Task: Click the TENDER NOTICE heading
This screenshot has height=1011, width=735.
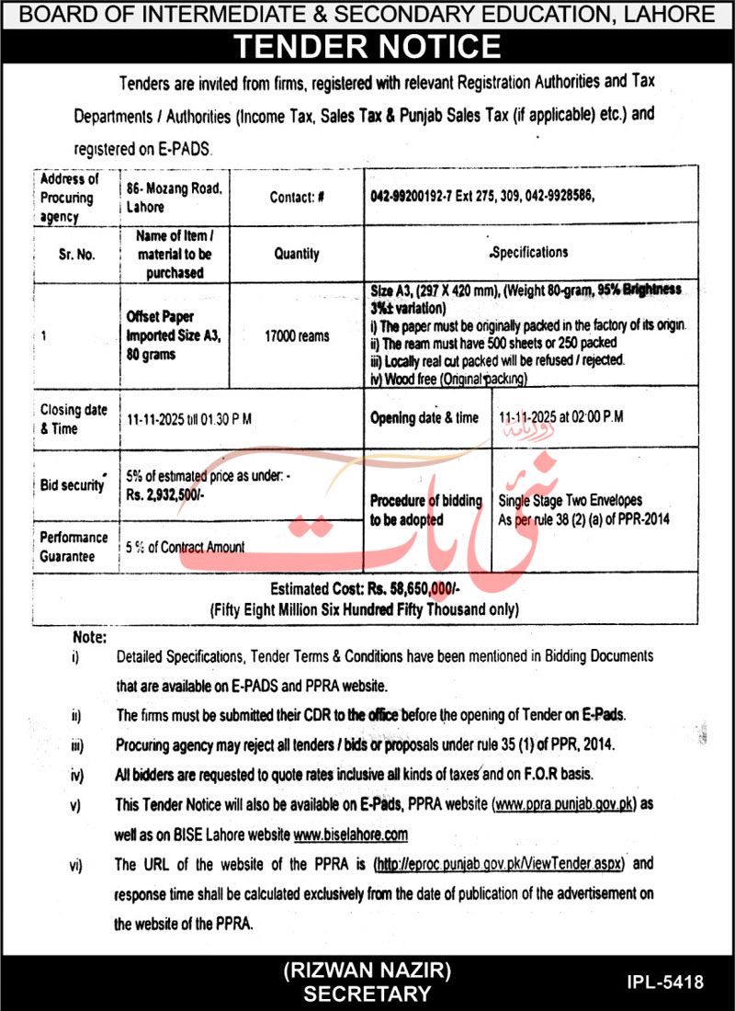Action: (x=367, y=46)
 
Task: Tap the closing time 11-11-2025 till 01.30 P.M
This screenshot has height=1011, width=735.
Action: (x=189, y=418)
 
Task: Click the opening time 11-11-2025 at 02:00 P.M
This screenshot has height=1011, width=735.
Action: (x=560, y=416)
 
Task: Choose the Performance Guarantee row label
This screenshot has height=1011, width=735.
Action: (x=73, y=545)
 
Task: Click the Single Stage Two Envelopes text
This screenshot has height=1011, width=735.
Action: (x=570, y=501)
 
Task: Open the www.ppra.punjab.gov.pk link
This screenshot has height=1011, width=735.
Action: (x=565, y=803)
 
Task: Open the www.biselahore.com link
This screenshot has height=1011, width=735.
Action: (x=350, y=835)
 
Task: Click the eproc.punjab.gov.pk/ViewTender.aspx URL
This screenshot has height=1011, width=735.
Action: (x=500, y=865)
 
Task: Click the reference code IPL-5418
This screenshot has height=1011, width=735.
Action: (x=668, y=983)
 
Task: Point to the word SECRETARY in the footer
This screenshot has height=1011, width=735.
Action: (x=367, y=994)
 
